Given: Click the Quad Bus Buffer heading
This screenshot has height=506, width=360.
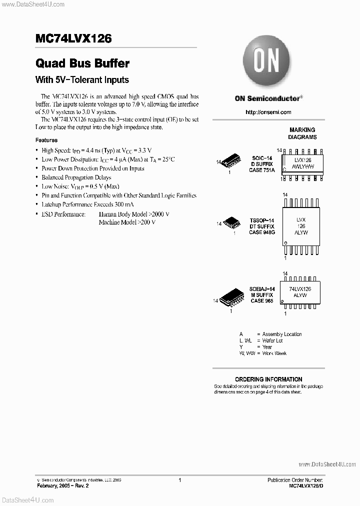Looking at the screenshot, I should (x=82, y=63).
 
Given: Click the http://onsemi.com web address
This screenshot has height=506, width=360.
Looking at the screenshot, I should (x=268, y=112).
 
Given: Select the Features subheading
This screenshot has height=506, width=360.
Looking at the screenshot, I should (x=46, y=140).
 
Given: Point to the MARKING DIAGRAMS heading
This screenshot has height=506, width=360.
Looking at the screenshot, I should (x=302, y=133).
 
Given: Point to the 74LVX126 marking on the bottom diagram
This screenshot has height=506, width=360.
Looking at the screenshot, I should (x=300, y=289).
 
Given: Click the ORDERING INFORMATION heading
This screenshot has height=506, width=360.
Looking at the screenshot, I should (x=268, y=379).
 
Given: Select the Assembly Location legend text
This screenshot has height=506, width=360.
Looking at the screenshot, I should (x=282, y=334).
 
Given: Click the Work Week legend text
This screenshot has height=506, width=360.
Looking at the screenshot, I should (x=274, y=353).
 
